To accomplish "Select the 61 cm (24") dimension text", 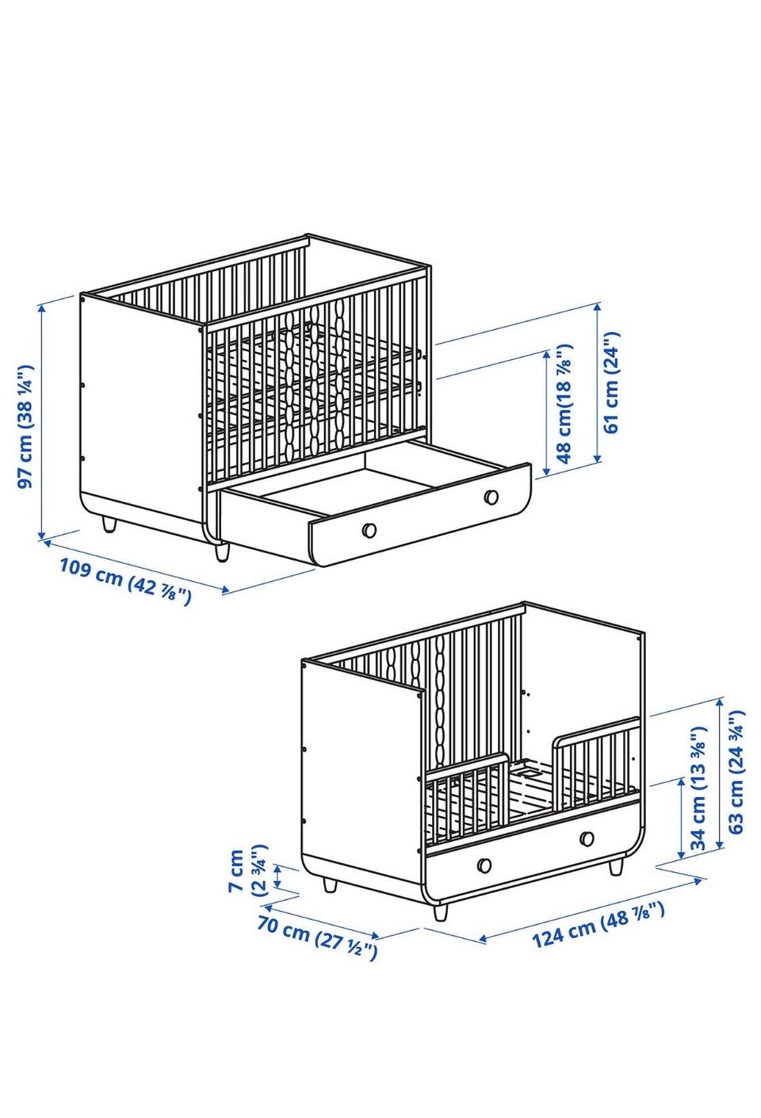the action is coord(610,382).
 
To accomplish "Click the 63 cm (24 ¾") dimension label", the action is coord(735,772).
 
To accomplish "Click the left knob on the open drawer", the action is coord(369,530).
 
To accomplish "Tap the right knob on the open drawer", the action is coord(491,496).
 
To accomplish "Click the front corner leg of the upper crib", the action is coord(222,552).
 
